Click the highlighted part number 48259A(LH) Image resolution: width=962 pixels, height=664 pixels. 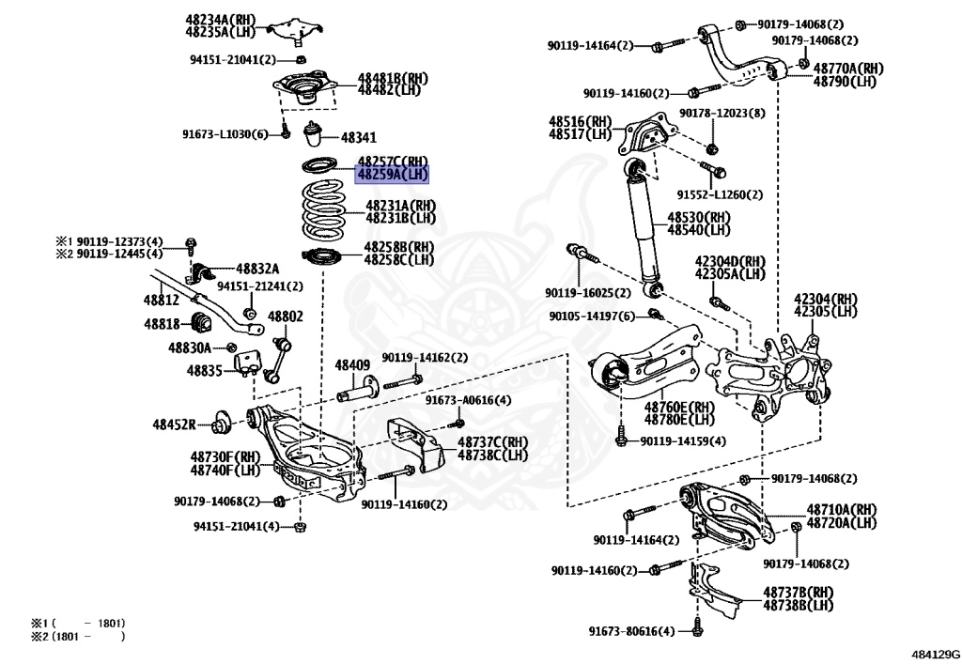click(x=392, y=174)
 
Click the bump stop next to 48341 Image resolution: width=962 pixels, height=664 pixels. click(x=315, y=135)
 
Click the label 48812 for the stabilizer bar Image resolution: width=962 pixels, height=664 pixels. click(x=161, y=300)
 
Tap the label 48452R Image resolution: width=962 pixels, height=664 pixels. click(x=175, y=425)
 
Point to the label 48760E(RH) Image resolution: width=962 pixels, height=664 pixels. click(x=678, y=408)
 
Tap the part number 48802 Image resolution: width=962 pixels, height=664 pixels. click(x=286, y=317)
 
